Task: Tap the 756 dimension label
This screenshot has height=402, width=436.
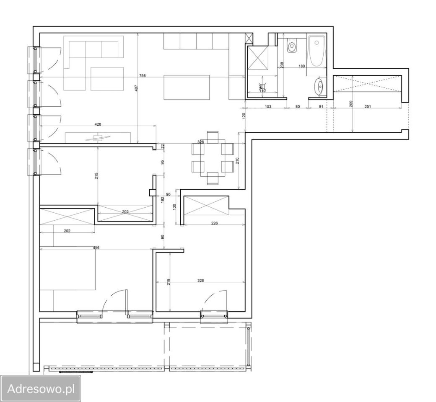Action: [x=143, y=76]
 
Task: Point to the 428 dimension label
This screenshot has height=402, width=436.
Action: [x=98, y=124]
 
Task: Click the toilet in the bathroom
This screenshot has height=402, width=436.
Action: [x=292, y=46]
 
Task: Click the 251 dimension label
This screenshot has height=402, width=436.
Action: [x=367, y=107]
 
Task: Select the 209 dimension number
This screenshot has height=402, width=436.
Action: [x=351, y=103]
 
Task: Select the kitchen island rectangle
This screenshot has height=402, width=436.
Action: [x=187, y=88]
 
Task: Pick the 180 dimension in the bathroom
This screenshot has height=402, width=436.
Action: [x=301, y=66]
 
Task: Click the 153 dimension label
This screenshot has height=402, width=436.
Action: [x=268, y=107]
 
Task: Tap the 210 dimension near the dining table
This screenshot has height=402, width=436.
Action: [x=237, y=160]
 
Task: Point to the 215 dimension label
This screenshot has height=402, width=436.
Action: [x=96, y=176]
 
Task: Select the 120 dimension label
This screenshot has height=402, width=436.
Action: [x=243, y=115]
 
